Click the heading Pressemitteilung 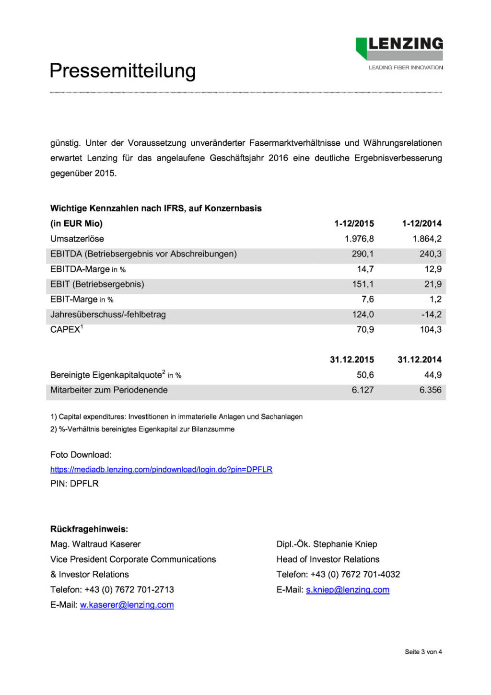[123, 71]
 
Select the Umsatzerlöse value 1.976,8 [359, 239]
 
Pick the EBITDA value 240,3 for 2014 [430, 254]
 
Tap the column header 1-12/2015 [354, 223]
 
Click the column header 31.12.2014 [420, 359]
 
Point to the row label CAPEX [66, 329]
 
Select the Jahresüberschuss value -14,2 [431, 314]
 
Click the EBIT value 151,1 [362, 284]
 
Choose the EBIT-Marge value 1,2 [435, 299]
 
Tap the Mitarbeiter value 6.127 [362, 390]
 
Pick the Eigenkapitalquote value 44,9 [433, 375]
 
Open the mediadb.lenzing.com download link [161, 469]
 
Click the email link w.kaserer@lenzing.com [127, 605]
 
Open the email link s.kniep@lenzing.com [348, 590]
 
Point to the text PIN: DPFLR [74, 484]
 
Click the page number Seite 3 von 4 [423, 652]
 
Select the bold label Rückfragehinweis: [89, 529]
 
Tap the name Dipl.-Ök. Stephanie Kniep [327, 544]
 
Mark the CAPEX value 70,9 [365, 329]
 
